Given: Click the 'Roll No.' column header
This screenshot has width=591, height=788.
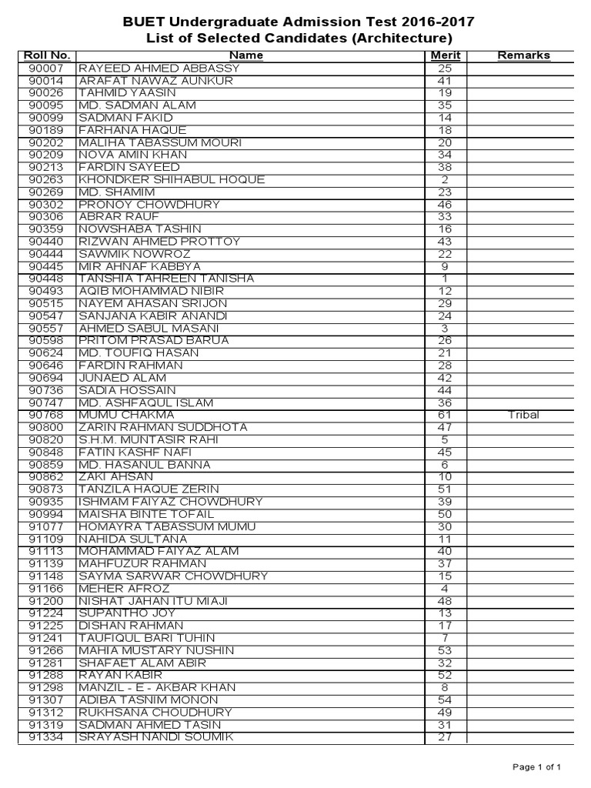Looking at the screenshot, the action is coord(47,55).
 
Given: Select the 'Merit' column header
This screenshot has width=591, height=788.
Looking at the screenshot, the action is coord(444,55).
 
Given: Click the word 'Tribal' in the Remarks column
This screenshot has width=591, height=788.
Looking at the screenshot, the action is coord(523,416).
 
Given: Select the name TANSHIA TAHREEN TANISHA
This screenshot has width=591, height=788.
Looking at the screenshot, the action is coord(166,279).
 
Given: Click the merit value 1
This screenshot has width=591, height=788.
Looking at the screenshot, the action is coord(445,279).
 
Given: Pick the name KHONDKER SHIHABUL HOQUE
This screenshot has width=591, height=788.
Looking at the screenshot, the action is coord(172,180).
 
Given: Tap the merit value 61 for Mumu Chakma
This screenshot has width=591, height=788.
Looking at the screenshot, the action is coord(445,416).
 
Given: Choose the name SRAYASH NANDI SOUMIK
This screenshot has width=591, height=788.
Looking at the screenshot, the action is coord(157,738).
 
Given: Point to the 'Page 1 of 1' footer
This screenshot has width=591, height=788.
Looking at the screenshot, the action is coord(542,766).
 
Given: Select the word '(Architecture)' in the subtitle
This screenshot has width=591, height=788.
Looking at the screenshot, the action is coord(402,38).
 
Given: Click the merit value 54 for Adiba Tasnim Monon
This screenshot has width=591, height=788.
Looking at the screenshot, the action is coord(445,700).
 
